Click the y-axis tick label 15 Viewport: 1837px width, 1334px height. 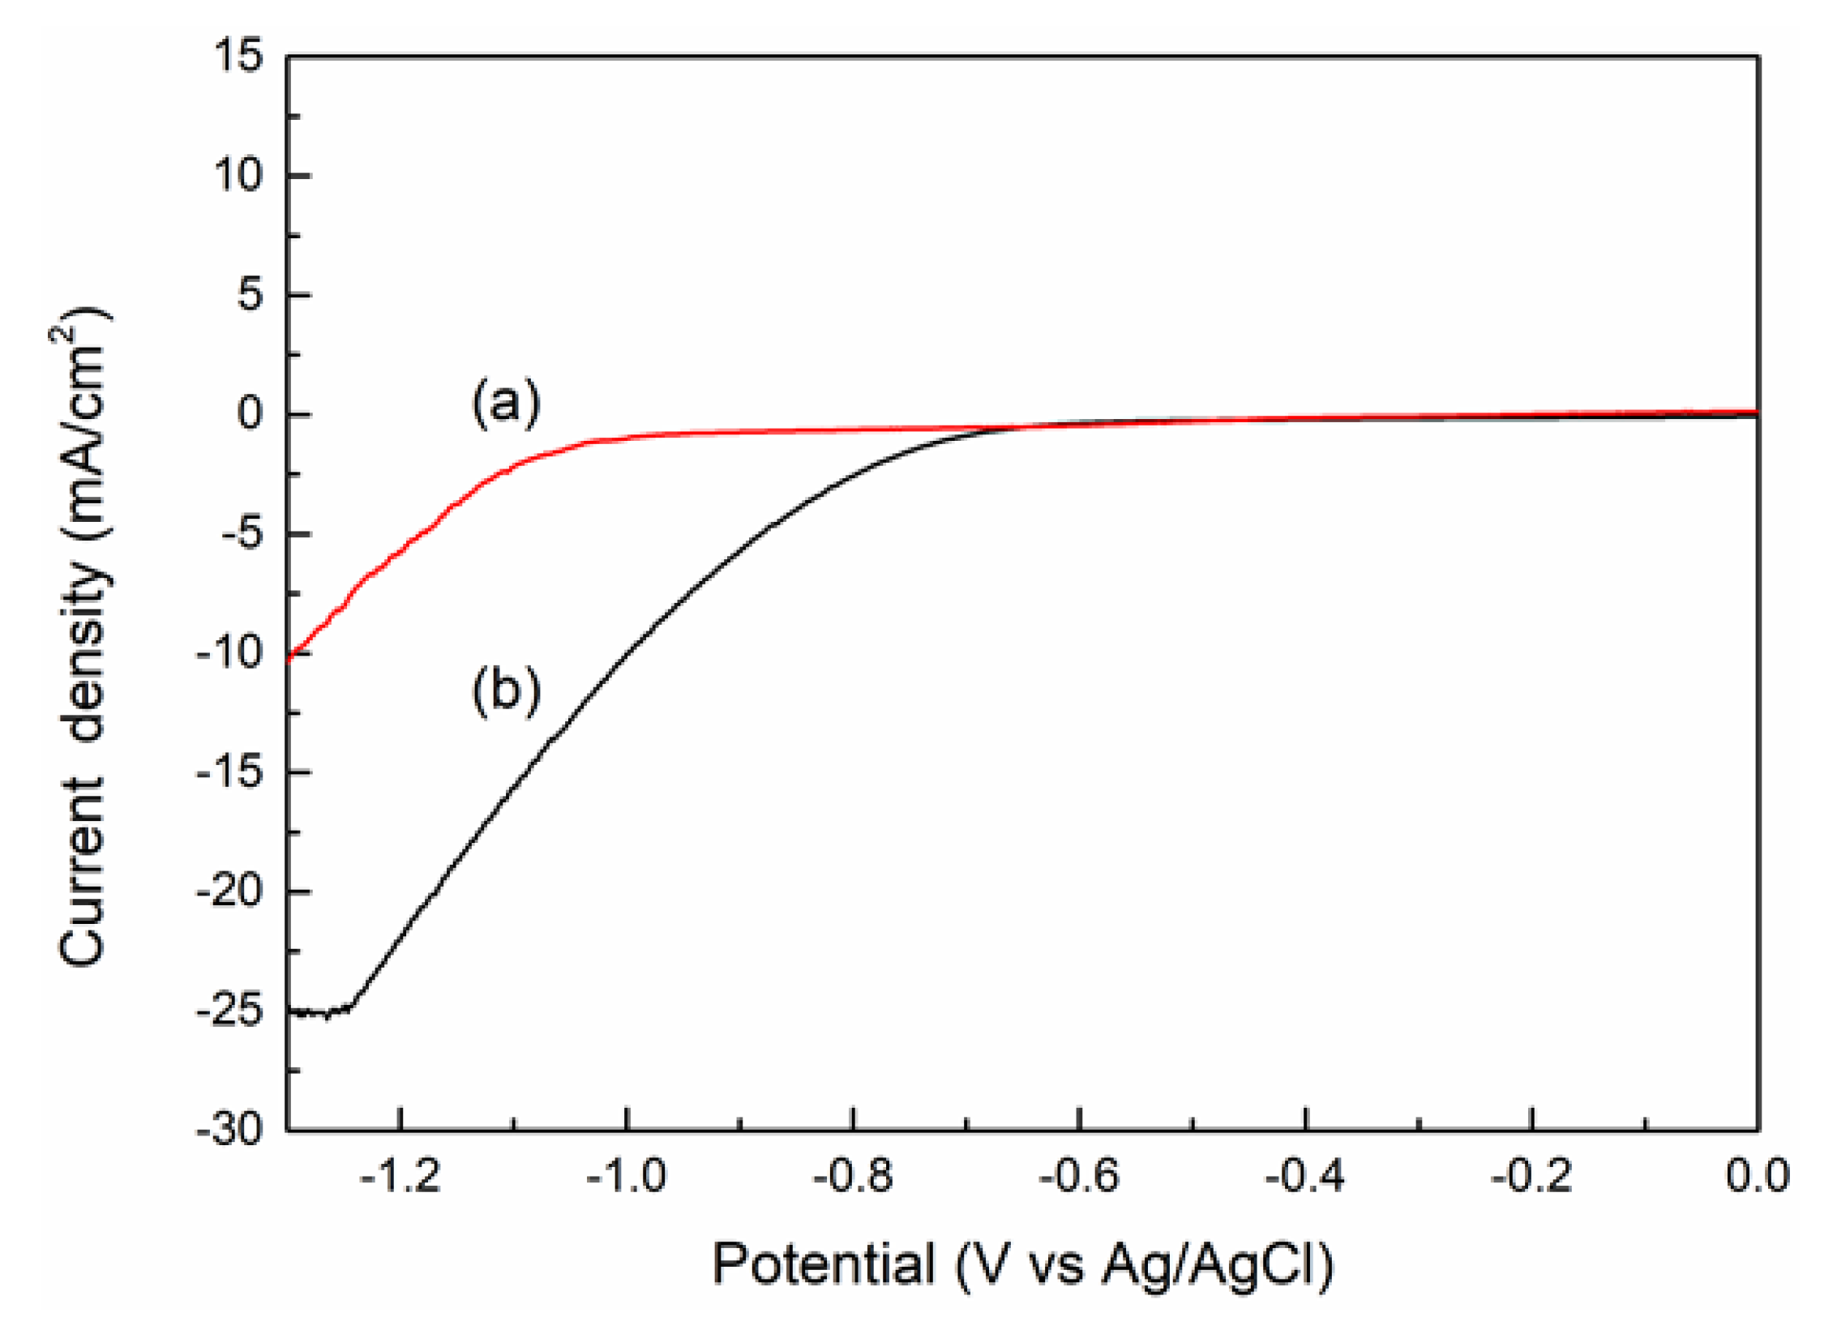238,57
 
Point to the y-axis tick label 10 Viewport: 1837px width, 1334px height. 238,176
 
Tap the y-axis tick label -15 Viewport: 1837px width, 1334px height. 230,773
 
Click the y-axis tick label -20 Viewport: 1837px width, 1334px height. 230,892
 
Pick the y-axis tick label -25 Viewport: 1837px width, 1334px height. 230,1012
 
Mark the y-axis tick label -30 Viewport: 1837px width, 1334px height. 230,1129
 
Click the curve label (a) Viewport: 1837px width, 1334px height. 506,402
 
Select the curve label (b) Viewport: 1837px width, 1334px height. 506,691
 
